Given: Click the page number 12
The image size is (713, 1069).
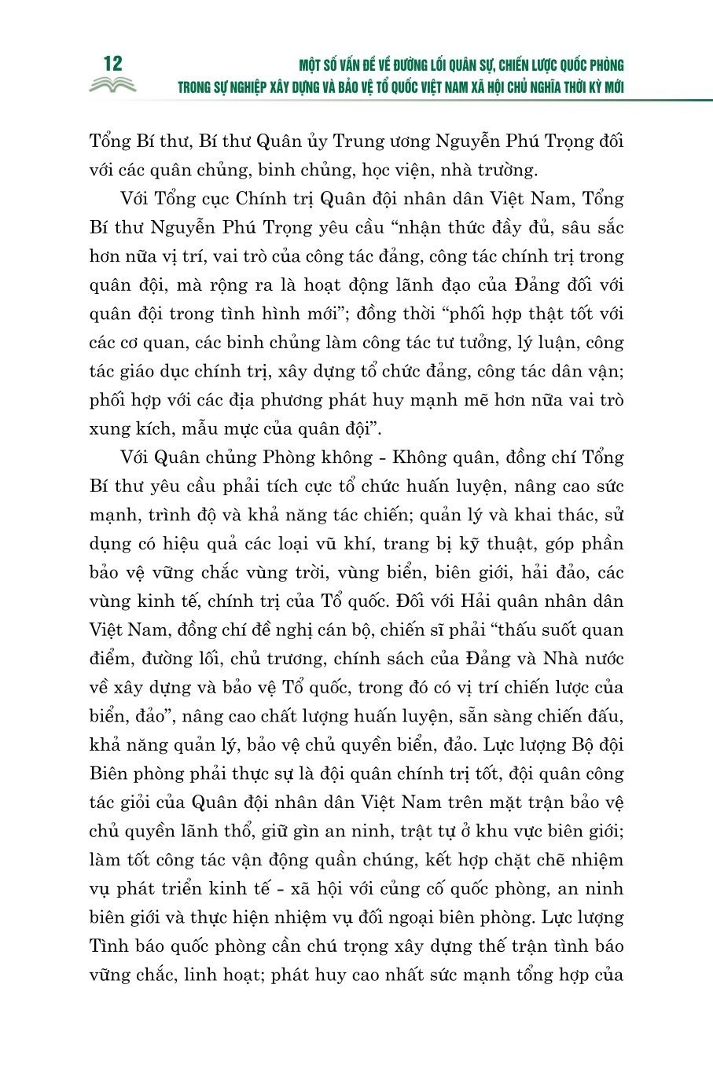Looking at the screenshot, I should pyautogui.click(x=112, y=64).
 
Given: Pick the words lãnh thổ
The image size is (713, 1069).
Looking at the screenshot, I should pyautogui.click(x=230, y=831).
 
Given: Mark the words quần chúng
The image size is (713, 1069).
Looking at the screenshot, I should pyautogui.click(x=331, y=859).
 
